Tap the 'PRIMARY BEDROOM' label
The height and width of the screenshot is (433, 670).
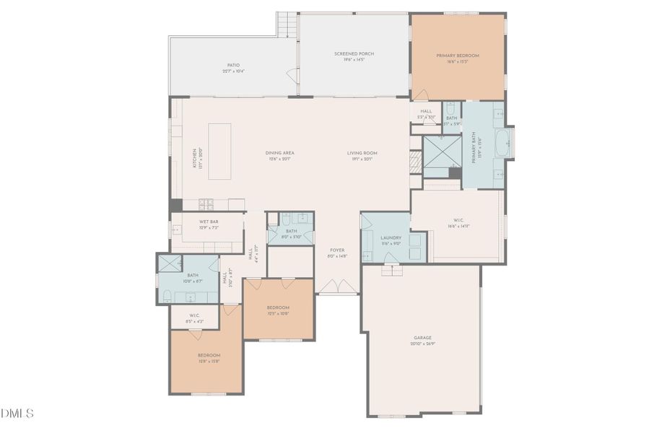pyautogui.click(x=458, y=56)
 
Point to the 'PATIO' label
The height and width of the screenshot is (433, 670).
pyautogui.click(x=233, y=65)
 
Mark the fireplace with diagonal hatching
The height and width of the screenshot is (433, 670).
pyautogui.click(x=414, y=160)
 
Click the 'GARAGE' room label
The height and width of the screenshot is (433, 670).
pyautogui.click(x=422, y=338)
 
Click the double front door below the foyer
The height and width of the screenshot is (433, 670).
pyautogui.click(x=338, y=287)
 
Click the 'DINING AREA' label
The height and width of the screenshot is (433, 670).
pyautogui.click(x=280, y=152)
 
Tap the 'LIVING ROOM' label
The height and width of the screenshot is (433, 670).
pyautogui.click(x=362, y=152)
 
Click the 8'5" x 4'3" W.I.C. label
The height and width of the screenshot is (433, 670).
pyautogui.click(x=194, y=315)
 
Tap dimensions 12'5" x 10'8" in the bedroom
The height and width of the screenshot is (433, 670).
pyautogui.click(x=278, y=313)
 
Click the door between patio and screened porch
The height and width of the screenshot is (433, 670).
pyautogui.click(x=294, y=74)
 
